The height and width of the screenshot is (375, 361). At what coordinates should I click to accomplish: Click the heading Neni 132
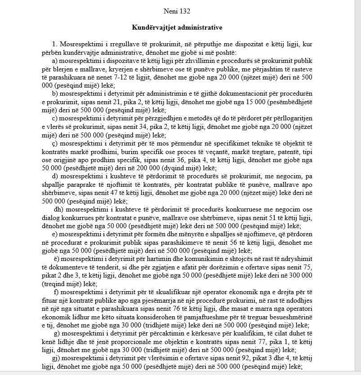point(178,9)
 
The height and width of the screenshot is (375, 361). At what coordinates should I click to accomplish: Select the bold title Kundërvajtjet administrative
point(178,27)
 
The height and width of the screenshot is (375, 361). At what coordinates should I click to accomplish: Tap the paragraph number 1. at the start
point(55,44)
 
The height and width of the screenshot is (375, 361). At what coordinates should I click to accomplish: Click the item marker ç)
point(56,143)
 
